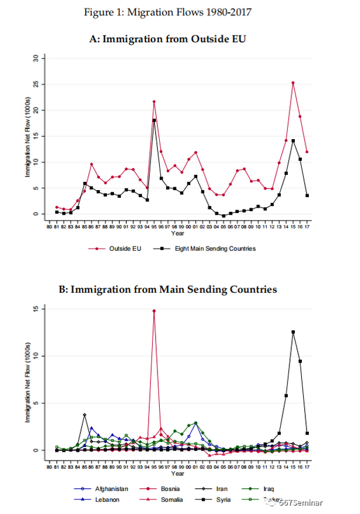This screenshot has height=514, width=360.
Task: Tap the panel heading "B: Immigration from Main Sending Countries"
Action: [x=180, y=289]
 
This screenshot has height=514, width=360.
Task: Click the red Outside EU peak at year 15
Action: [x=292, y=83]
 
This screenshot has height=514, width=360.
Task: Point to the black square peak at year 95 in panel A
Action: [x=154, y=120]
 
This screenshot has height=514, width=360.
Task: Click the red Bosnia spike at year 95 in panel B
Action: [x=154, y=311]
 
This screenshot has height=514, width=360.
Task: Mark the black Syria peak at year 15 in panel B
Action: [x=292, y=332]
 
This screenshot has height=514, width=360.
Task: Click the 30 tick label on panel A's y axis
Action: [x=35, y=58]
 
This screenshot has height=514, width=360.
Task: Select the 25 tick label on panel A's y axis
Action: [x=35, y=84]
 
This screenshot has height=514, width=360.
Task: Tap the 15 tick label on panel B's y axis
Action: [x=35, y=309]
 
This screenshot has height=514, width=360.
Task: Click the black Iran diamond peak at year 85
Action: [x=85, y=415]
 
